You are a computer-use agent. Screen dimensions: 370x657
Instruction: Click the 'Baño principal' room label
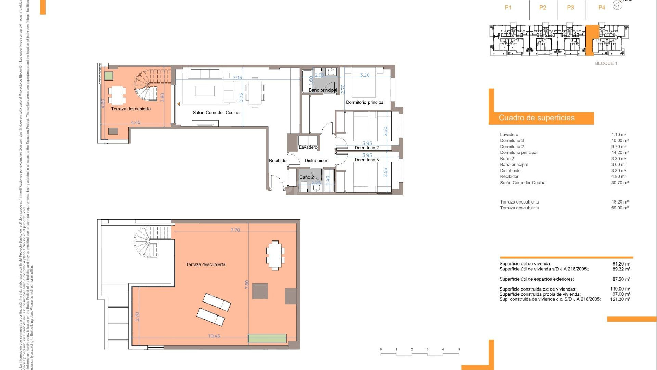tap(323, 90)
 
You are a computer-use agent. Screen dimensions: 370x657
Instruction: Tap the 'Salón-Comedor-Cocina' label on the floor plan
tap(216, 113)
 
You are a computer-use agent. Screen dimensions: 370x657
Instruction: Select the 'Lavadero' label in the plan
tap(308, 147)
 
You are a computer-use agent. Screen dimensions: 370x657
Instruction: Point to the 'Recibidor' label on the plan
tap(278, 161)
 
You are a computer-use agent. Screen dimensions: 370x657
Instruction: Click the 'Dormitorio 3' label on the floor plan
tap(366, 160)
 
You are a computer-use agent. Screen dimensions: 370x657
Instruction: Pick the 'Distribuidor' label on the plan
tap(316, 161)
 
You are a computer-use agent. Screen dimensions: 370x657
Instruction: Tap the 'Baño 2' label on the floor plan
tap(306, 177)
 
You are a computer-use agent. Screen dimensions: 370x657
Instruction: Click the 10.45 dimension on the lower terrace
tap(214, 336)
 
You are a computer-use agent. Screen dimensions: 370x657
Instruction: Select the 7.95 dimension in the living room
tap(237, 78)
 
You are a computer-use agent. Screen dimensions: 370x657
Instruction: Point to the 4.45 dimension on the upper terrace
tap(136, 122)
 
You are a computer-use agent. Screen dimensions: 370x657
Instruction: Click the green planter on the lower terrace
tap(267, 338)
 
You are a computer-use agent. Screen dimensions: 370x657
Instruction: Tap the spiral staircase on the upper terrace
tap(147, 86)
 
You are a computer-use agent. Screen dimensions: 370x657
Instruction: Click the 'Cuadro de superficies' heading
tap(537, 118)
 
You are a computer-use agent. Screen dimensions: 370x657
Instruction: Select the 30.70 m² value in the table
tap(620, 183)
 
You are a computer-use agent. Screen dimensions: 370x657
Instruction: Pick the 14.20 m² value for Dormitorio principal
tap(620, 153)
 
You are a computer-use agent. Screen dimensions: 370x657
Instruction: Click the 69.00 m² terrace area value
tap(620, 208)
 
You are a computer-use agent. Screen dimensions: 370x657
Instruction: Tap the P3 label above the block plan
tap(570, 8)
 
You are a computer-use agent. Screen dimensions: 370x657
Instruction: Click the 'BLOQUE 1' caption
tap(606, 63)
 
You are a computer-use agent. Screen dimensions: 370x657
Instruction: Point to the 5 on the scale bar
tap(459, 350)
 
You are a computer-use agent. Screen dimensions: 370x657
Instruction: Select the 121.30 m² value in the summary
tap(620, 299)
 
